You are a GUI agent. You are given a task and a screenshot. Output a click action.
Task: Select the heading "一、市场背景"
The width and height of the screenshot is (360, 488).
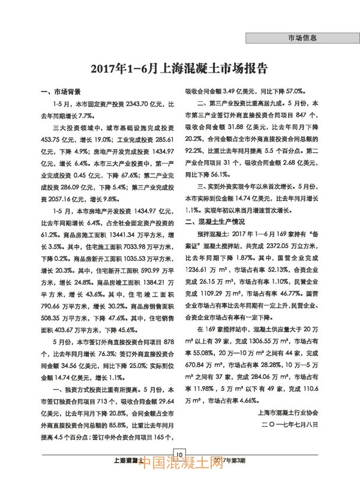coord(59,92)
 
